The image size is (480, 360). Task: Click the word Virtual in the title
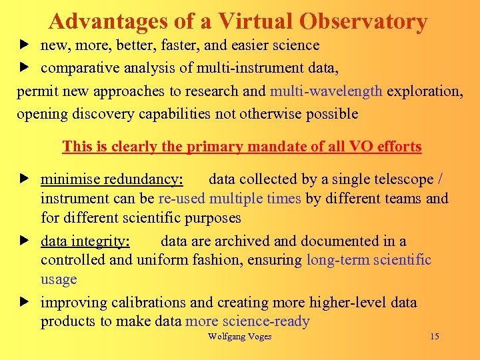pyautogui.click(x=254, y=22)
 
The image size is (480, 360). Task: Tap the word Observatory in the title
pyautogui.click(x=363, y=22)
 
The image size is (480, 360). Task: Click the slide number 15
pyautogui.click(x=434, y=336)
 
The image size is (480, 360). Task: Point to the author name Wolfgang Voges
pyautogui.click(x=239, y=336)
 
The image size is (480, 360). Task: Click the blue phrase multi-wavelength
pyautogui.click(x=326, y=91)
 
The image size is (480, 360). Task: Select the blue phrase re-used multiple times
pyautogui.click(x=230, y=198)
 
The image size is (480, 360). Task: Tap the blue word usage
pyautogui.click(x=59, y=279)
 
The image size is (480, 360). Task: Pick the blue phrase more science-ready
pyautogui.click(x=247, y=321)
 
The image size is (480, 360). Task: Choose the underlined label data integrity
pyautogui.click(x=85, y=241)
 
